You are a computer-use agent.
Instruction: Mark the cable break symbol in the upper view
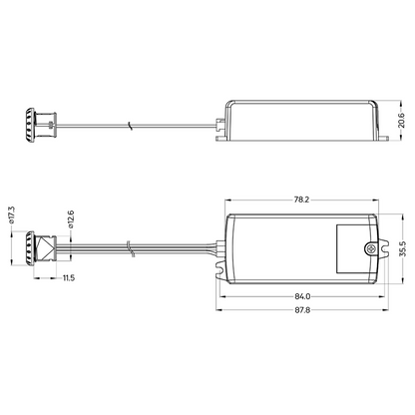tap(130, 125)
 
